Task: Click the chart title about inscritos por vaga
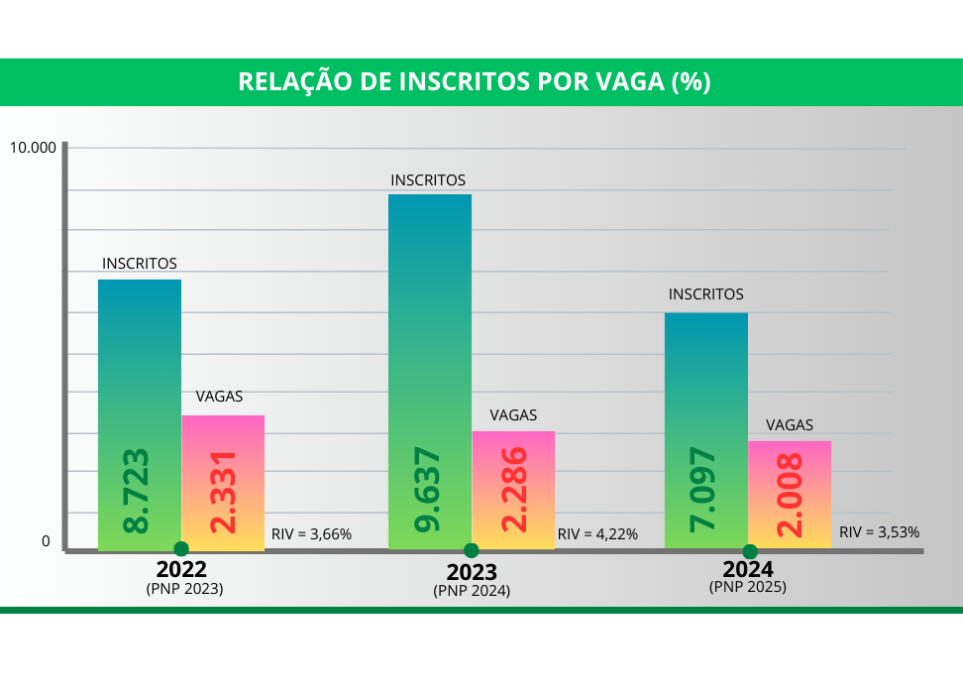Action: pos(475,82)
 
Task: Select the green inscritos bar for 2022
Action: pos(139,414)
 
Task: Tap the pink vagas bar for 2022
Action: pos(223,482)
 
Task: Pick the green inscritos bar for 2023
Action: pos(429,372)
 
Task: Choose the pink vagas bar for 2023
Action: pos(513,490)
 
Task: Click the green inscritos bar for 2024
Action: pos(706,430)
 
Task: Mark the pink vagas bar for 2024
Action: pos(790,494)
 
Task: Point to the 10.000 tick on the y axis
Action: pos(34,148)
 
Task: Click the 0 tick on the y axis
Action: pos(46,541)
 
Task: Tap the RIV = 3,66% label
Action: pos(311,534)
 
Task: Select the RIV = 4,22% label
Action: pos(597,534)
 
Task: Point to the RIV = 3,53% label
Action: pos(879,531)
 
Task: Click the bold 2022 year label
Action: pos(181,570)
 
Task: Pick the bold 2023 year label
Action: pos(472,572)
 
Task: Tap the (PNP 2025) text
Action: pos(748,587)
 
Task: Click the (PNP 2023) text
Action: pos(184,588)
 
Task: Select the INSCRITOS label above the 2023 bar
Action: pos(428,180)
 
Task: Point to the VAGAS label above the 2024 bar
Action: pos(790,424)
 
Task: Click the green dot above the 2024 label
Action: pos(750,551)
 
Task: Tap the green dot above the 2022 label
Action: pos(180,548)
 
